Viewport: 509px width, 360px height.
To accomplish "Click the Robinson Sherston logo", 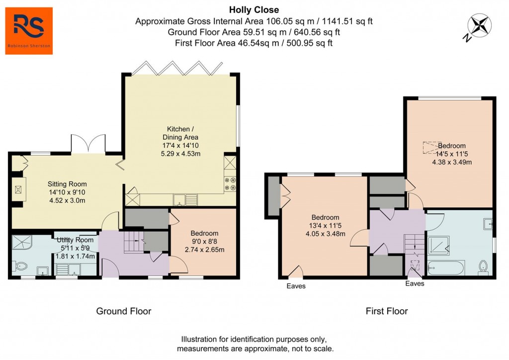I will [x=29, y=30].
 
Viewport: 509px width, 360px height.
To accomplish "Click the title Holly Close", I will [x=254, y=9].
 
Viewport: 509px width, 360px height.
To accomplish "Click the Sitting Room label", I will [x=67, y=184].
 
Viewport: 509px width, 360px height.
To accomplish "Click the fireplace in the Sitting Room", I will [x=18, y=189].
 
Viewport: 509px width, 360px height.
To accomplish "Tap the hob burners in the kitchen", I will [x=230, y=184].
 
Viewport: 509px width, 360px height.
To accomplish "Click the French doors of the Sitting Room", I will [x=88, y=143].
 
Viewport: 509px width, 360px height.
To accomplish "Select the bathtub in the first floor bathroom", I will [x=446, y=269].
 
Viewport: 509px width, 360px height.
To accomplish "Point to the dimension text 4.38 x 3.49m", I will [x=452, y=162].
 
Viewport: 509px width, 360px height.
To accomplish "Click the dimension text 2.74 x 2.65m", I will [x=204, y=250].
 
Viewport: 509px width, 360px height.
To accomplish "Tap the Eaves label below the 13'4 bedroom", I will [x=296, y=286].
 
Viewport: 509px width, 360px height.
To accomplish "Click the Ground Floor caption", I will [x=123, y=311].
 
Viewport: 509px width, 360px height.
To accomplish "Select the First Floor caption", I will [x=387, y=311].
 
